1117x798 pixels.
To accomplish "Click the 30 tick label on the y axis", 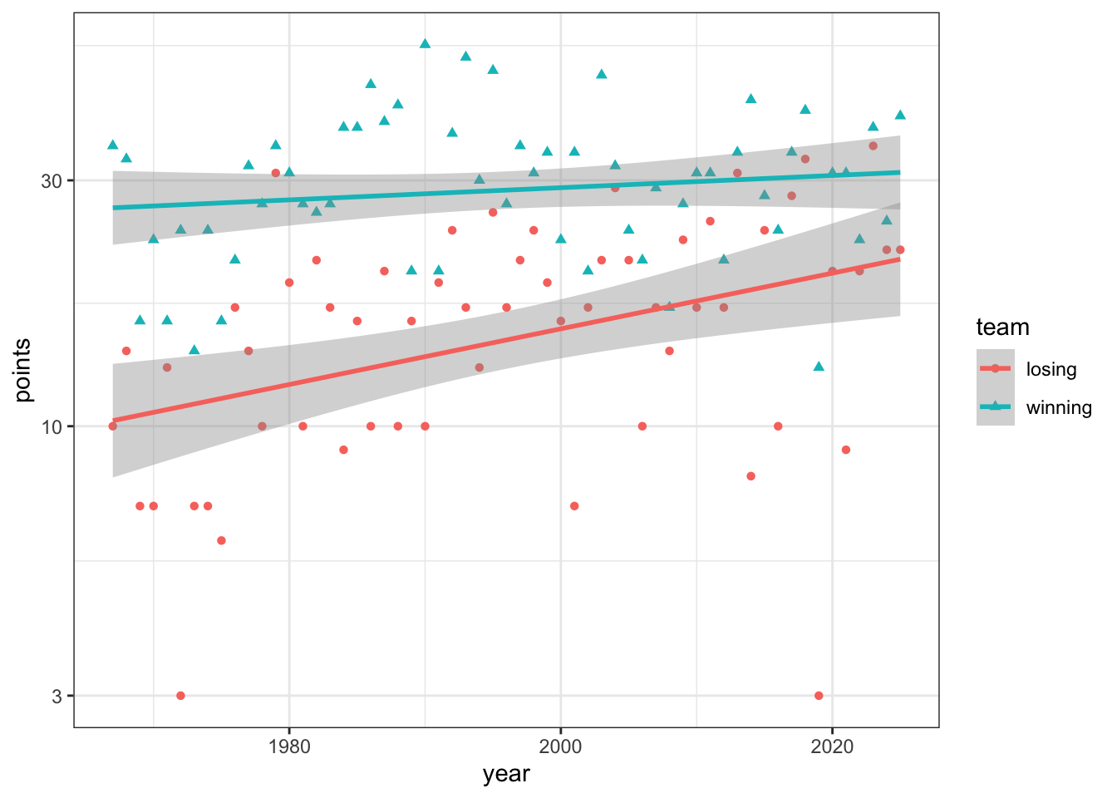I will click(x=53, y=180).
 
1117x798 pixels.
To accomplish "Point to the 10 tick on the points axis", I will click(x=53, y=426).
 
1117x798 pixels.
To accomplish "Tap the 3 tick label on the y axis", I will click(x=57, y=696).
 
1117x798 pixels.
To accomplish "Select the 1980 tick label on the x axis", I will click(x=289, y=746).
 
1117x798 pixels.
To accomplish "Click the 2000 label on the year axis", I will click(x=560, y=746).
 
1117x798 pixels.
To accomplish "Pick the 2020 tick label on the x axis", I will click(x=832, y=746).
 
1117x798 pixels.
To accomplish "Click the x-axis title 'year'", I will click(x=506, y=775).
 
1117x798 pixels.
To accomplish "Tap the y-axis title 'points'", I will click(x=23, y=370).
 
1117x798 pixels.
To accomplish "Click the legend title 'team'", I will click(x=1002, y=328).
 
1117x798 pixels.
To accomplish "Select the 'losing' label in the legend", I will click(x=1051, y=369).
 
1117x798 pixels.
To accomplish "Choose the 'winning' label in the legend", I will click(x=1059, y=407).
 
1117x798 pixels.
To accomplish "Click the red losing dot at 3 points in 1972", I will click(x=180, y=696).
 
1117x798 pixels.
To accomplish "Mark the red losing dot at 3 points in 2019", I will click(x=819, y=696).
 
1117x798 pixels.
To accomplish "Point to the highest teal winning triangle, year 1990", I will click(x=425, y=43).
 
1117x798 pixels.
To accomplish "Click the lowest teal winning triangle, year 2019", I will click(x=819, y=367).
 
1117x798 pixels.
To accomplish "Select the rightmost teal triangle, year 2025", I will click(x=900, y=115).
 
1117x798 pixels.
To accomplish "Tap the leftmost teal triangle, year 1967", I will click(x=113, y=145).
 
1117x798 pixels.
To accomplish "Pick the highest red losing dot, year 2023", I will click(x=873, y=145).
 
